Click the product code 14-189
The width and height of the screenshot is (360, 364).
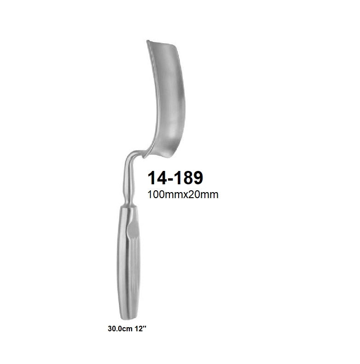[x=175, y=178]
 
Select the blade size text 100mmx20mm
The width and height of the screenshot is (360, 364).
[x=182, y=194]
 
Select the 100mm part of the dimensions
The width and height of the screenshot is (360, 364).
[x=163, y=194]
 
